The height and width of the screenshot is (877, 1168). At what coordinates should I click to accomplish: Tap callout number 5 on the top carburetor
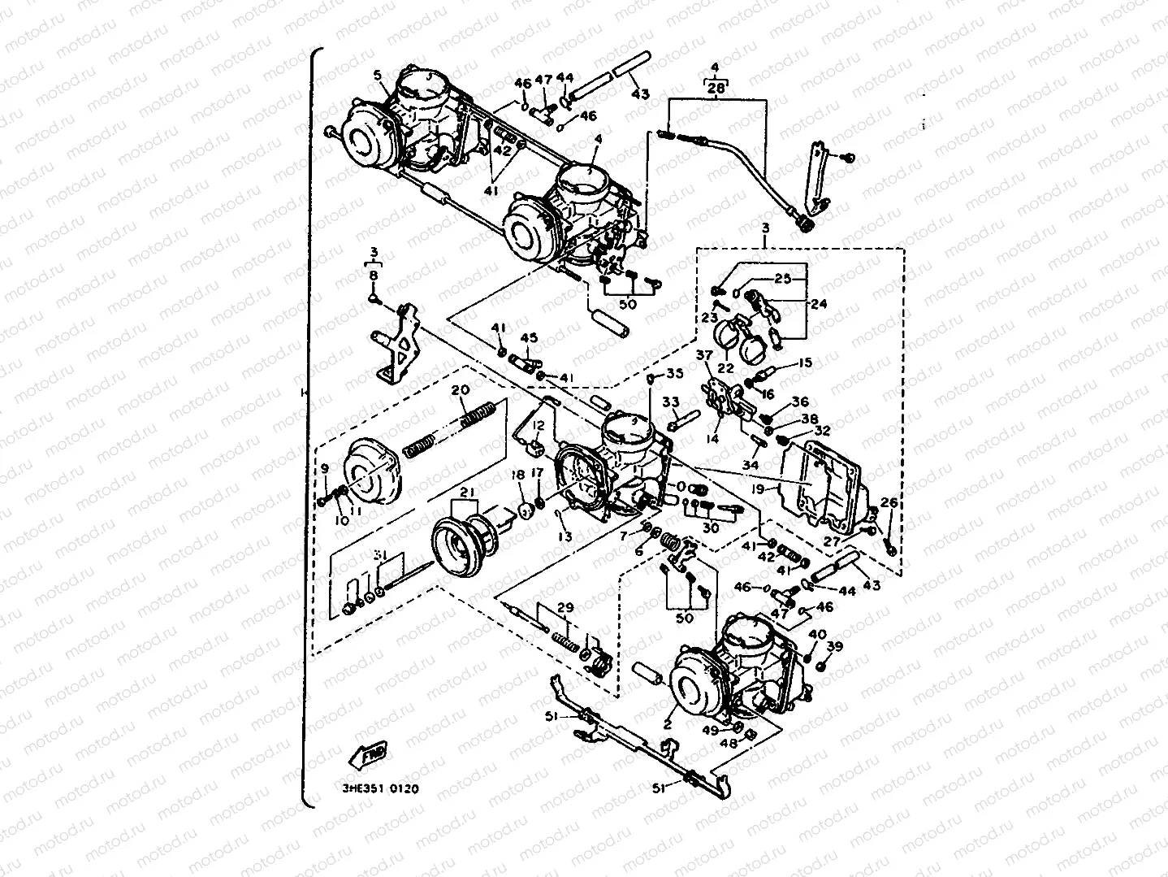(x=378, y=76)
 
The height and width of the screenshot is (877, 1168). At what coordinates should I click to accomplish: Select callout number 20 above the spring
(x=460, y=390)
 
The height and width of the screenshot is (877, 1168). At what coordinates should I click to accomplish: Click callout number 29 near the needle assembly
(x=565, y=608)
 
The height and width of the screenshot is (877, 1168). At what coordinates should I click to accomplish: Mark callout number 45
(x=528, y=338)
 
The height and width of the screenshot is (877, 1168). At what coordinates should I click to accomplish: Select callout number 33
(x=670, y=402)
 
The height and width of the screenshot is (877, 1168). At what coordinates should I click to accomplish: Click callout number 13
(x=565, y=536)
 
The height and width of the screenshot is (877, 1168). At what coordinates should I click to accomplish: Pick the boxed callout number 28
(x=716, y=88)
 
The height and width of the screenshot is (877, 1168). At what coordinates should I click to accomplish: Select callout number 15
(x=804, y=363)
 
